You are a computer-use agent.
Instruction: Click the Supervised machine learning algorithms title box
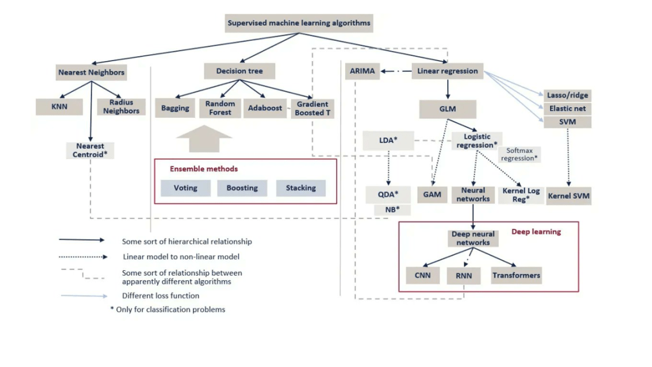[299, 23]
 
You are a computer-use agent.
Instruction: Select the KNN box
[59, 106]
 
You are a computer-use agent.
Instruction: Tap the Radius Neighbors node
[121, 106]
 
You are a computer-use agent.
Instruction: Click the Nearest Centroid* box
[90, 150]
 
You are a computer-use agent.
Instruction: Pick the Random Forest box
[220, 108]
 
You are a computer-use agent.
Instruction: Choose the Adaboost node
[265, 108]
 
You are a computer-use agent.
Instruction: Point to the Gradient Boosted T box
[312, 108]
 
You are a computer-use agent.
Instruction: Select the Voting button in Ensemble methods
[185, 188]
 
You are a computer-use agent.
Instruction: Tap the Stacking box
[301, 188]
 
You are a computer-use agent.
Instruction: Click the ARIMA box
[362, 71]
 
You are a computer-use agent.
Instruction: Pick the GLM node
[448, 109]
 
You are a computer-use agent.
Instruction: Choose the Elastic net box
[568, 108]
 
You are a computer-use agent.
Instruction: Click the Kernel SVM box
[569, 195]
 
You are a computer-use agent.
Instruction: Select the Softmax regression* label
[521, 154]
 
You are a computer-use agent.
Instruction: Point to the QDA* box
[388, 194]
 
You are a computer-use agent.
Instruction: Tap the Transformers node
[516, 275]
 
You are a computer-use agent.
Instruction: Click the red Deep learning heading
[536, 231]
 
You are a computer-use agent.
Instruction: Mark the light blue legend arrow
[84, 296]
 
